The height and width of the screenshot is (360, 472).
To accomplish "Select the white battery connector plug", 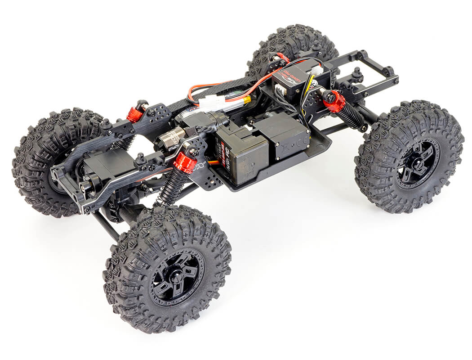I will point(211,103).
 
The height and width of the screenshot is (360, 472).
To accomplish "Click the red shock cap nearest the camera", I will point(185,162).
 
